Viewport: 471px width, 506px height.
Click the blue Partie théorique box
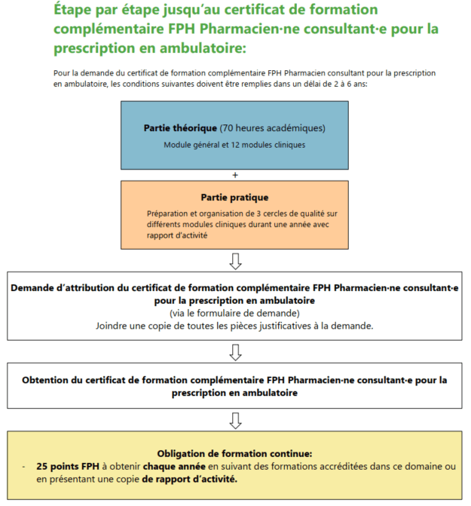tap(235, 134)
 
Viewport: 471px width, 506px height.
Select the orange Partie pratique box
tap(235, 215)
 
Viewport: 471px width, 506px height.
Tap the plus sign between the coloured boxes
tap(235, 175)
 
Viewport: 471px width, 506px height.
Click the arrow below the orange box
tap(235, 261)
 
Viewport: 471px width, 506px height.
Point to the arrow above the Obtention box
tap(235, 351)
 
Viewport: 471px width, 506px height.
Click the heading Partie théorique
tap(179, 127)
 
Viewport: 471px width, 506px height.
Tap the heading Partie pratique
tap(234, 198)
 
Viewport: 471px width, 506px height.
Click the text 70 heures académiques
tap(273, 127)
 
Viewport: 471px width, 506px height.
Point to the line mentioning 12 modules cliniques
tap(234, 144)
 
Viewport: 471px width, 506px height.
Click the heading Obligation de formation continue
tap(235, 453)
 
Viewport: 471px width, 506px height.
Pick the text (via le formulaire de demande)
tap(235, 312)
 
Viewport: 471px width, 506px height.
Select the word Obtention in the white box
tap(49, 379)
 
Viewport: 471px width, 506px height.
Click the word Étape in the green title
tap(75, 11)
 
